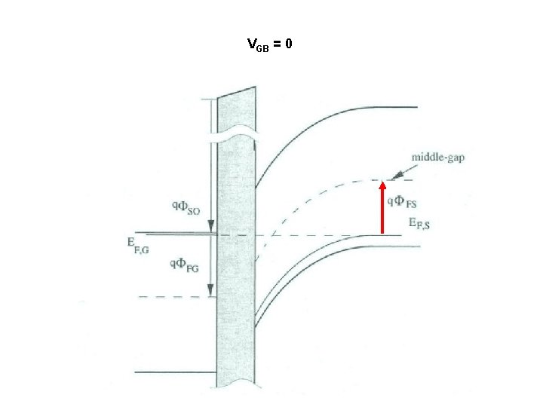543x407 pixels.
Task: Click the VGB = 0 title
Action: pyautogui.click(x=269, y=44)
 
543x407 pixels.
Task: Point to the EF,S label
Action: pyautogui.click(x=419, y=222)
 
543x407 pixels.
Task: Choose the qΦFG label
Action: pyautogui.click(x=184, y=264)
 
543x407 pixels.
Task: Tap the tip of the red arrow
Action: pyautogui.click(x=382, y=183)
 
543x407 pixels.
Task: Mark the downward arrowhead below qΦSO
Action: pyautogui.click(x=211, y=227)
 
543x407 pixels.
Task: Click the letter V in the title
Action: pyautogui.click(x=251, y=44)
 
